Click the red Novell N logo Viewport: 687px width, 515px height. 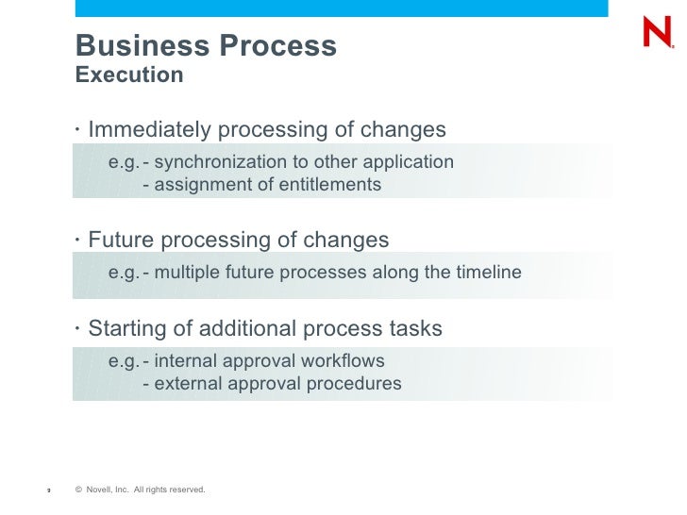point(656,34)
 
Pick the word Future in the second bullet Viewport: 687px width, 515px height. point(122,240)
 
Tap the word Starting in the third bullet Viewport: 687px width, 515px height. point(128,329)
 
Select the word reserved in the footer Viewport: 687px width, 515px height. point(186,490)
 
